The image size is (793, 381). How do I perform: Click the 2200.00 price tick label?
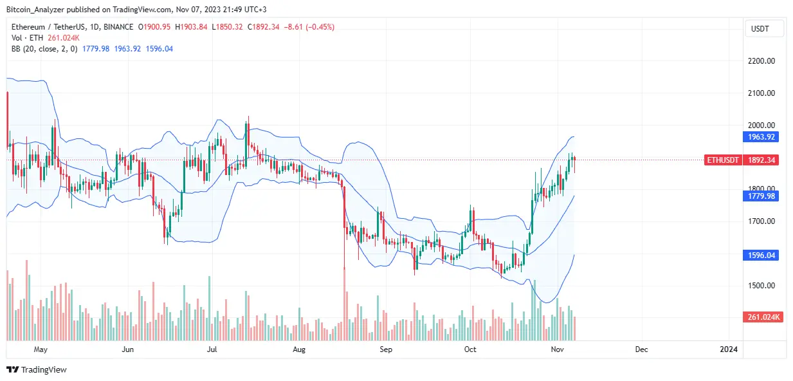[760, 61]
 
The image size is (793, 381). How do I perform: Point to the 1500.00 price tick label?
[760, 286]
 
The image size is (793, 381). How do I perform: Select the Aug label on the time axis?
[298, 349]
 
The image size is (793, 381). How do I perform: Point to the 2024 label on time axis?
[729, 349]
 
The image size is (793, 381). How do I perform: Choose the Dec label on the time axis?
[641, 349]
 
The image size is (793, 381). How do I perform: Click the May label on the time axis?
[41, 349]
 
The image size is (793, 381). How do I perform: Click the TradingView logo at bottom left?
[37, 370]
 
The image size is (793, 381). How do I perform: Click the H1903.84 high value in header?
[192, 27]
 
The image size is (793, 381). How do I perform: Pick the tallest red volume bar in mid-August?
[345, 302]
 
